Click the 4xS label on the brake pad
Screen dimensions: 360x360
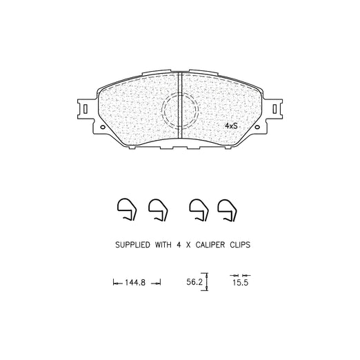tap(231, 126)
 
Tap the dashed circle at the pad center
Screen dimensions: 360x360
tap(162, 110)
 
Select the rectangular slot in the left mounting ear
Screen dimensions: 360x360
tap(86, 109)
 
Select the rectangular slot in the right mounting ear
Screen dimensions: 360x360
tap(274, 109)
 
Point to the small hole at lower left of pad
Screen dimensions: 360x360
tap(103, 127)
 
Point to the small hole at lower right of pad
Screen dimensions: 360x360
tap(257, 127)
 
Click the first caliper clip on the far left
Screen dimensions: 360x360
tap(127, 209)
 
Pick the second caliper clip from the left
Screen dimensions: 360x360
tap(158, 210)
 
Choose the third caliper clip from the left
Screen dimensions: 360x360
tap(199, 210)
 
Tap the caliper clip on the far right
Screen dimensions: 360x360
tap(227, 210)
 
